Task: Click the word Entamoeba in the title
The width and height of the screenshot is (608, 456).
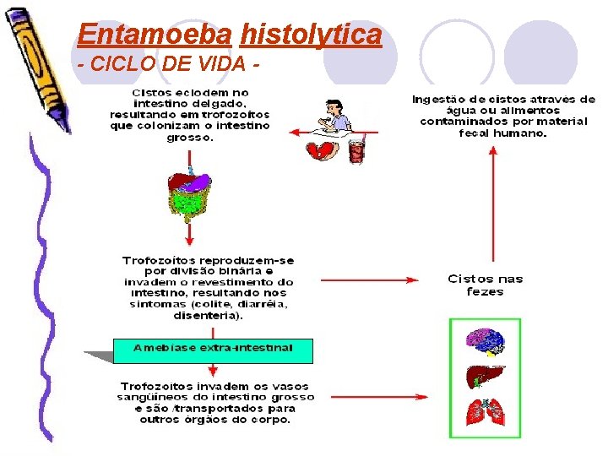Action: pos(154,35)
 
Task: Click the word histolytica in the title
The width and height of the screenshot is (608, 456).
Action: pos(311,35)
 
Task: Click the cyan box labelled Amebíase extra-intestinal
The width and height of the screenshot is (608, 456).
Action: pos(213,349)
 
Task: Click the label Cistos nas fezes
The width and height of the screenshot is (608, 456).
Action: pos(486,285)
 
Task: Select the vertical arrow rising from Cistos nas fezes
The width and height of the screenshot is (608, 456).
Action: pos(494,203)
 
